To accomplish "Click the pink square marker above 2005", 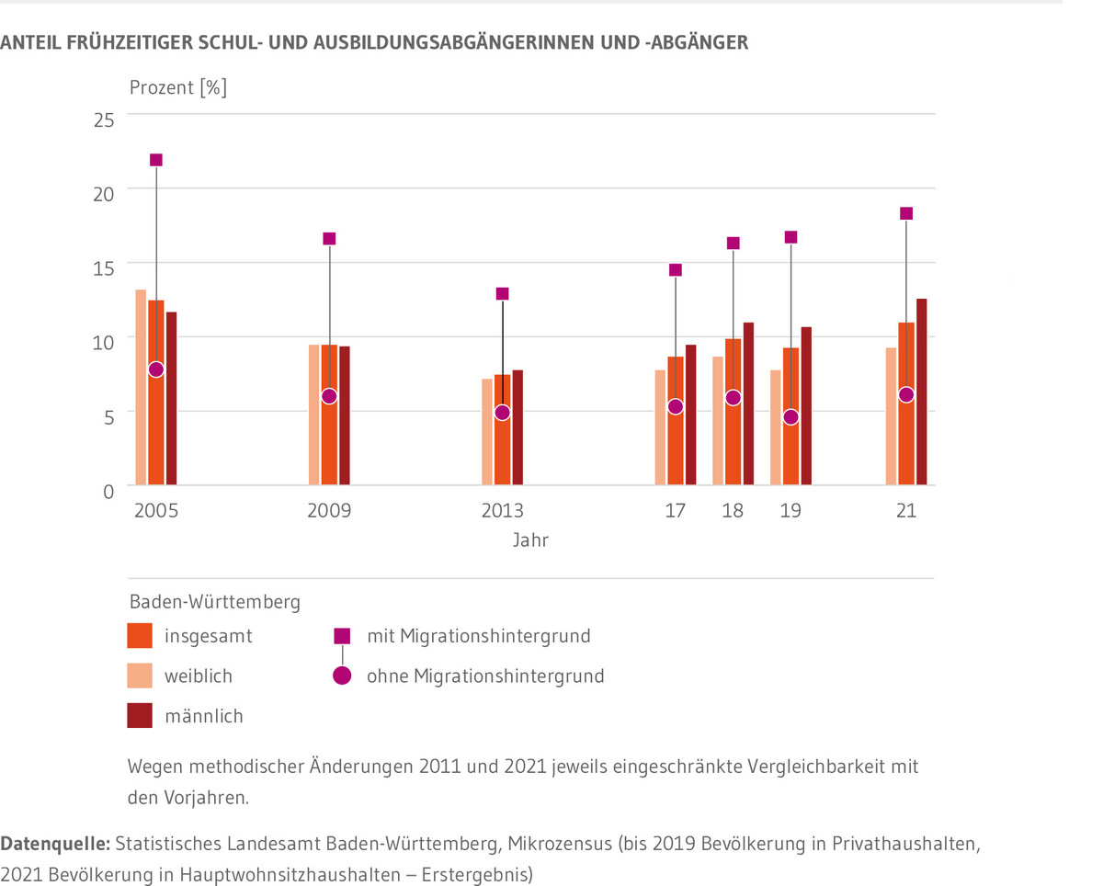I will pos(156,160).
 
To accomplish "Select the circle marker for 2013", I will pos(502,413).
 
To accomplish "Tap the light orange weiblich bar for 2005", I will pos(141,387).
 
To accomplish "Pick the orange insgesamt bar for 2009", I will pos(329,441).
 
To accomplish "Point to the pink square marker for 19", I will pos(790,237).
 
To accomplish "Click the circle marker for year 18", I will pos(733,398).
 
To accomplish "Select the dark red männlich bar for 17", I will pos(690,415).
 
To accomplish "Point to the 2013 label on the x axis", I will pos(502,511).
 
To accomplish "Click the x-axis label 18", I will pos(733,511).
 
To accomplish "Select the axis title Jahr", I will pos(530,540).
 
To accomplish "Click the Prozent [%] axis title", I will pos(177,88).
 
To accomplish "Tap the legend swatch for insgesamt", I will pos(139,636).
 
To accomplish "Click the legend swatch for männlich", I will pos(139,716).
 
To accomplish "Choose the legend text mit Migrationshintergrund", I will pos(478,636).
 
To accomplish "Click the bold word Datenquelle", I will pos(57,843).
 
